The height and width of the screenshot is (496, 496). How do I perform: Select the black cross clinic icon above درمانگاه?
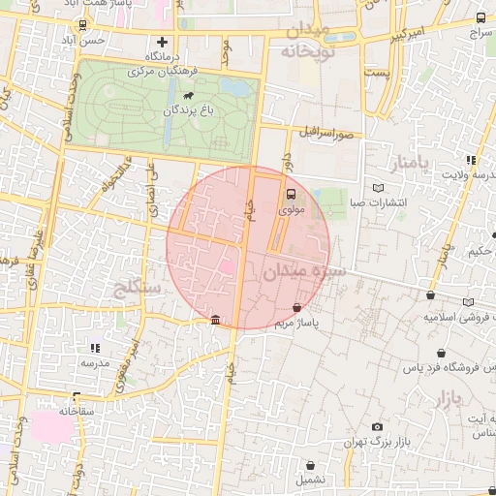[x=162, y=42]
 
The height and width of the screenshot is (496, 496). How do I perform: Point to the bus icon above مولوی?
[x=292, y=193]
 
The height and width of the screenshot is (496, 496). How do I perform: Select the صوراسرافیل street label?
[x=330, y=131]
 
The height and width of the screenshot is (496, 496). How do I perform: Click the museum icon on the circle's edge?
[x=215, y=321]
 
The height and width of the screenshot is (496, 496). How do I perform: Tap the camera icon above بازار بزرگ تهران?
[x=377, y=426]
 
